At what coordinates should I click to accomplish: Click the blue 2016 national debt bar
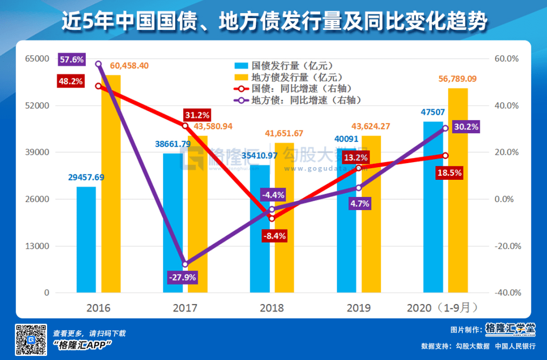(x=86, y=239)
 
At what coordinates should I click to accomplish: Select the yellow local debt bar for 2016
(x=111, y=184)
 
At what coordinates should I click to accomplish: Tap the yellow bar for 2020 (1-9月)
(x=458, y=190)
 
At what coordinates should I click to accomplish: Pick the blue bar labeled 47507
(x=433, y=207)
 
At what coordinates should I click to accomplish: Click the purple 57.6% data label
(x=71, y=60)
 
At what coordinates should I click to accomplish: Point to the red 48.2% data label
(x=70, y=81)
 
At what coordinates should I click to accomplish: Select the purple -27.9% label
(x=182, y=277)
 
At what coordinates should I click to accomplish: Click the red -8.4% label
(x=274, y=235)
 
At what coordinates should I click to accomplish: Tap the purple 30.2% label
(x=464, y=127)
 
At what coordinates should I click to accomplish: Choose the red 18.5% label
(x=448, y=173)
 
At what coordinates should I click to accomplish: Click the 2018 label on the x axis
(x=272, y=308)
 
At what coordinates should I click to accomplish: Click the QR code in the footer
(x=31, y=339)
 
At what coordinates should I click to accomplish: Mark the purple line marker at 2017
(x=185, y=264)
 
